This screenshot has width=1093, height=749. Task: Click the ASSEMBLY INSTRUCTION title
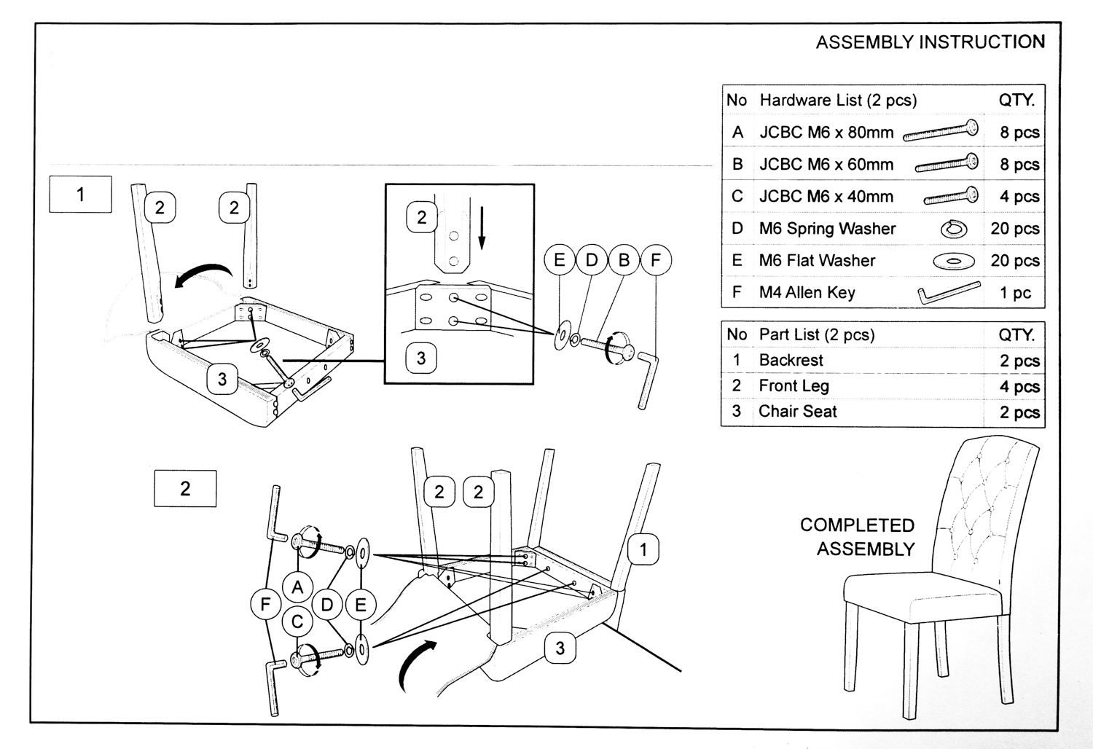930,42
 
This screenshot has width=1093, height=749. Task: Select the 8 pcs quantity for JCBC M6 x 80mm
1019,133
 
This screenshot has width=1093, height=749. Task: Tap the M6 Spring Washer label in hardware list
827,229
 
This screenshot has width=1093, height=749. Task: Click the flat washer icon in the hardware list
953,260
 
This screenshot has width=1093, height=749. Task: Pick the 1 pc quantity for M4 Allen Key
1014,293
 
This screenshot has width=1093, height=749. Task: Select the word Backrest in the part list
791,360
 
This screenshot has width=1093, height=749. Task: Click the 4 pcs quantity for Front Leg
1019,387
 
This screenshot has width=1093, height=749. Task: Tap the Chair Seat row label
797,412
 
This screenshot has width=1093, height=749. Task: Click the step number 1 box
80,195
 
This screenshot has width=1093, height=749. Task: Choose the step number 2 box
185,488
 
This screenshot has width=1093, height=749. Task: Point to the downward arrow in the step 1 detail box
481,227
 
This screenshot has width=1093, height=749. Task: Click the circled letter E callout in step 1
560,260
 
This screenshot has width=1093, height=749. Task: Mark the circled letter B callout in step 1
624,260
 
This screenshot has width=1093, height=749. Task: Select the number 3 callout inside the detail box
421,358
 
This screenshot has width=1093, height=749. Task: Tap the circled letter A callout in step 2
297,587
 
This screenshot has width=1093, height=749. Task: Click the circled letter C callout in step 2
297,621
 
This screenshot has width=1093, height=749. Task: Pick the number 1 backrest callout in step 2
643,549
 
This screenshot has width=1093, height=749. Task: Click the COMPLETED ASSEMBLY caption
858,537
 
